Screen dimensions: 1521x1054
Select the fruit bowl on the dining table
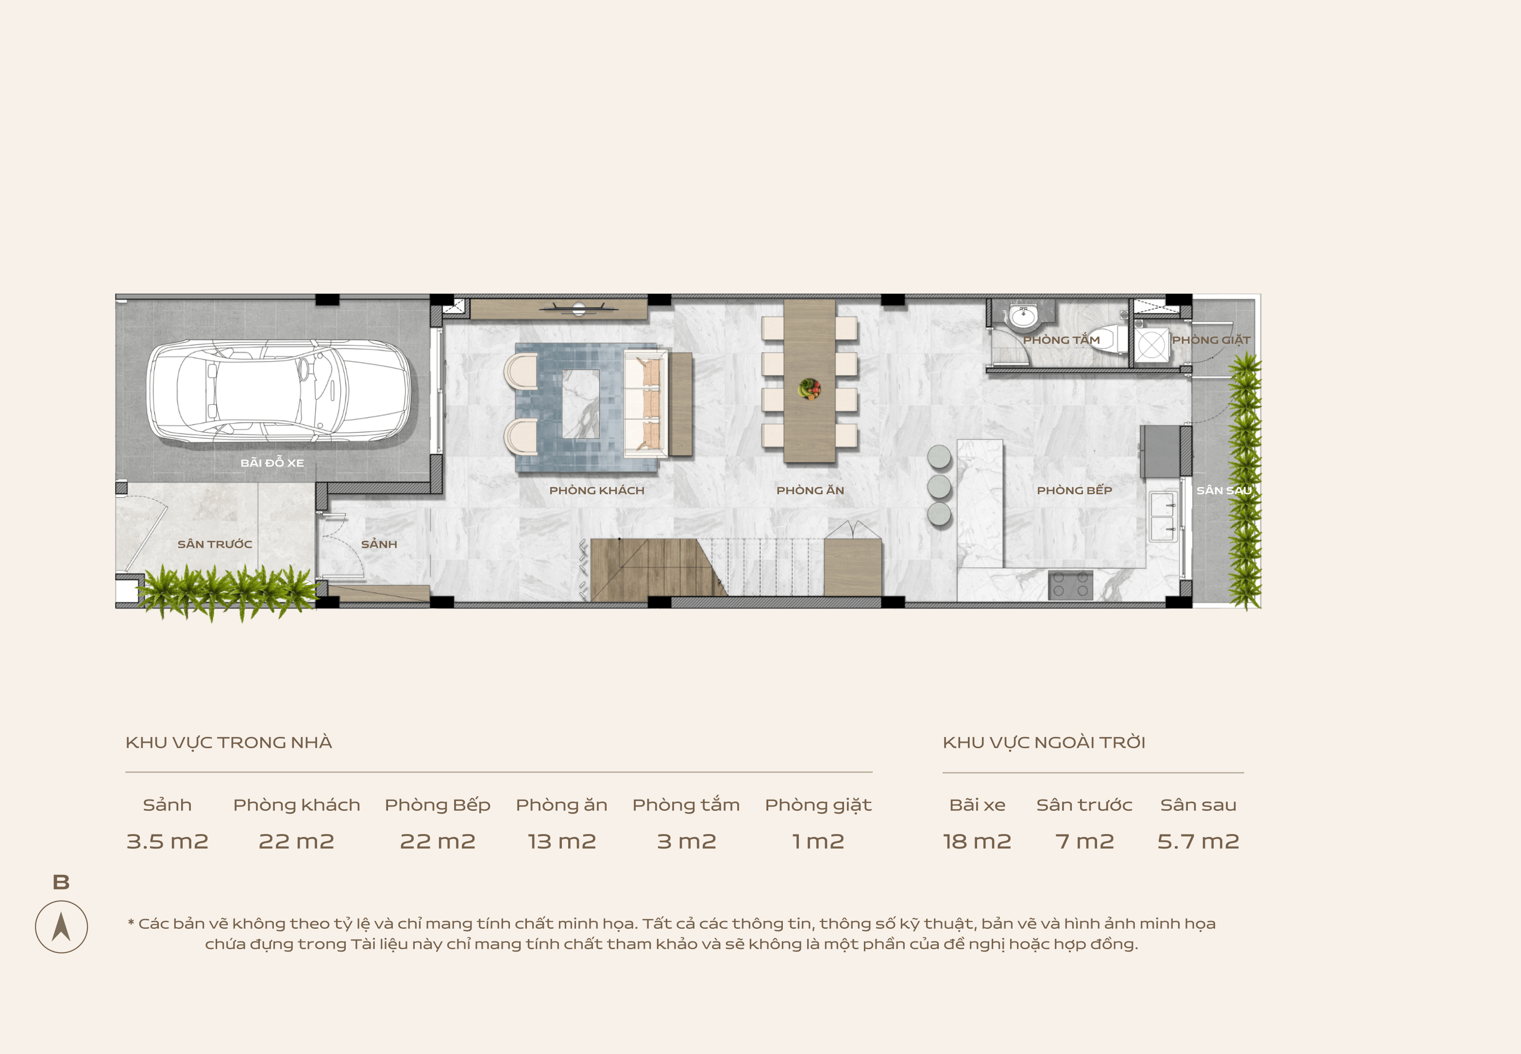coord(809,389)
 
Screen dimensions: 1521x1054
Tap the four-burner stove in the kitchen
coord(1070,585)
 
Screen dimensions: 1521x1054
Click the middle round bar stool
coord(939,486)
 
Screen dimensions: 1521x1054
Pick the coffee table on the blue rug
coord(580,403)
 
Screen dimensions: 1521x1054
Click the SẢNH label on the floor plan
coord(379,544)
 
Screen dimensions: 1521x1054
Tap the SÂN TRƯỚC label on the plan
coord(215,544)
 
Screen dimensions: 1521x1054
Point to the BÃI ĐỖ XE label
coord(272,463)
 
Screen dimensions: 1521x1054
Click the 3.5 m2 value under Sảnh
coord(167,841)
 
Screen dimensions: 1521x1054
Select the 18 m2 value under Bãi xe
coord(977,841)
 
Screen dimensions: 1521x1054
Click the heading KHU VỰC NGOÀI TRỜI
coord(1044,742)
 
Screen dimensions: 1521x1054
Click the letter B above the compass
coord(61,882)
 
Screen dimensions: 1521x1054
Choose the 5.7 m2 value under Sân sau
coord(1198,841)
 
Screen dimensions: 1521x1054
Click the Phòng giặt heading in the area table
coord(818,805)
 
